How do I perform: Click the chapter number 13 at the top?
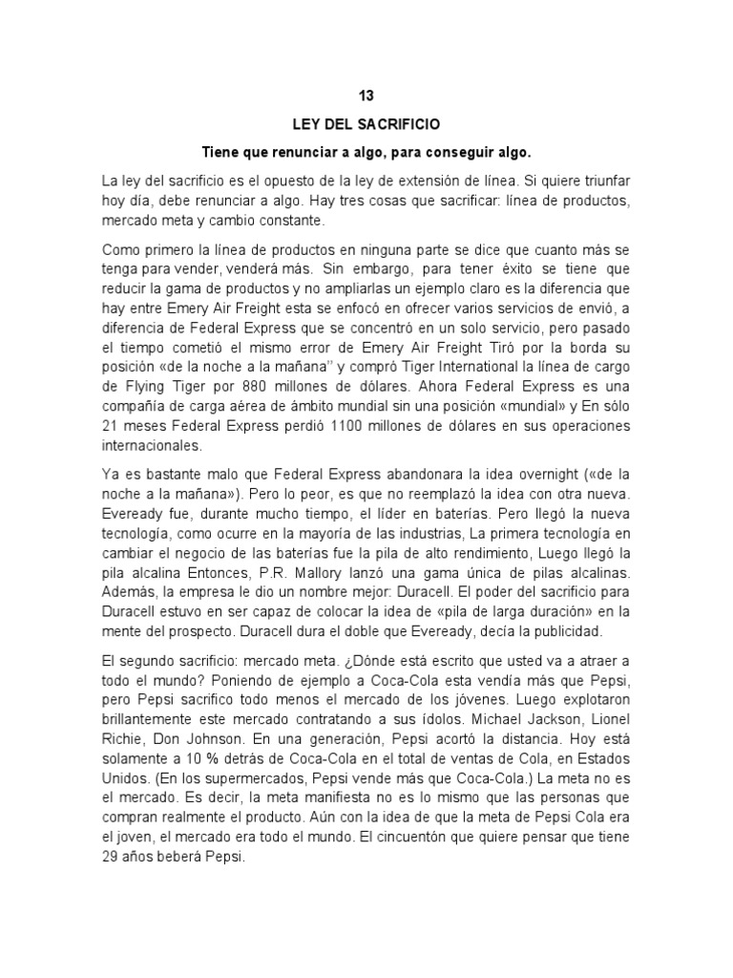click(x=366, y=96)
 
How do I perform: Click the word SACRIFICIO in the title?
click(x=401, y=124)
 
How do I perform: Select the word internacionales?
click(x=156, y=445)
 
